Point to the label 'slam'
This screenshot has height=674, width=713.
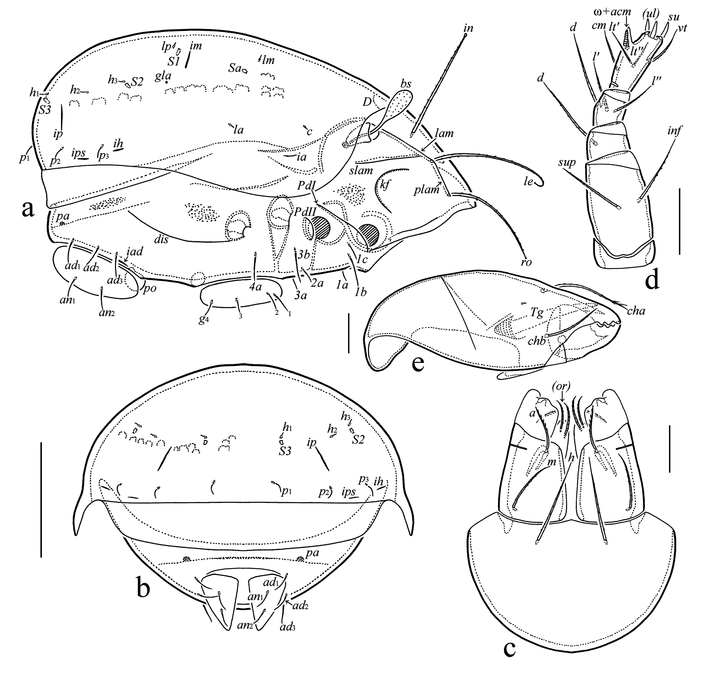pyautogui.click(x=361, y=171)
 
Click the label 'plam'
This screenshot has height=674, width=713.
pyautogui.click(x=427, y=189)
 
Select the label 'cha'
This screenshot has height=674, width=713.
pyautogui.click(x=636, y=310)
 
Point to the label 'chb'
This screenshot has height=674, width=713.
pyautogui.click(x=537, y=341)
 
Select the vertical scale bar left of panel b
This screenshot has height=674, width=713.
pyautogui.click(x=42, y=500)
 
